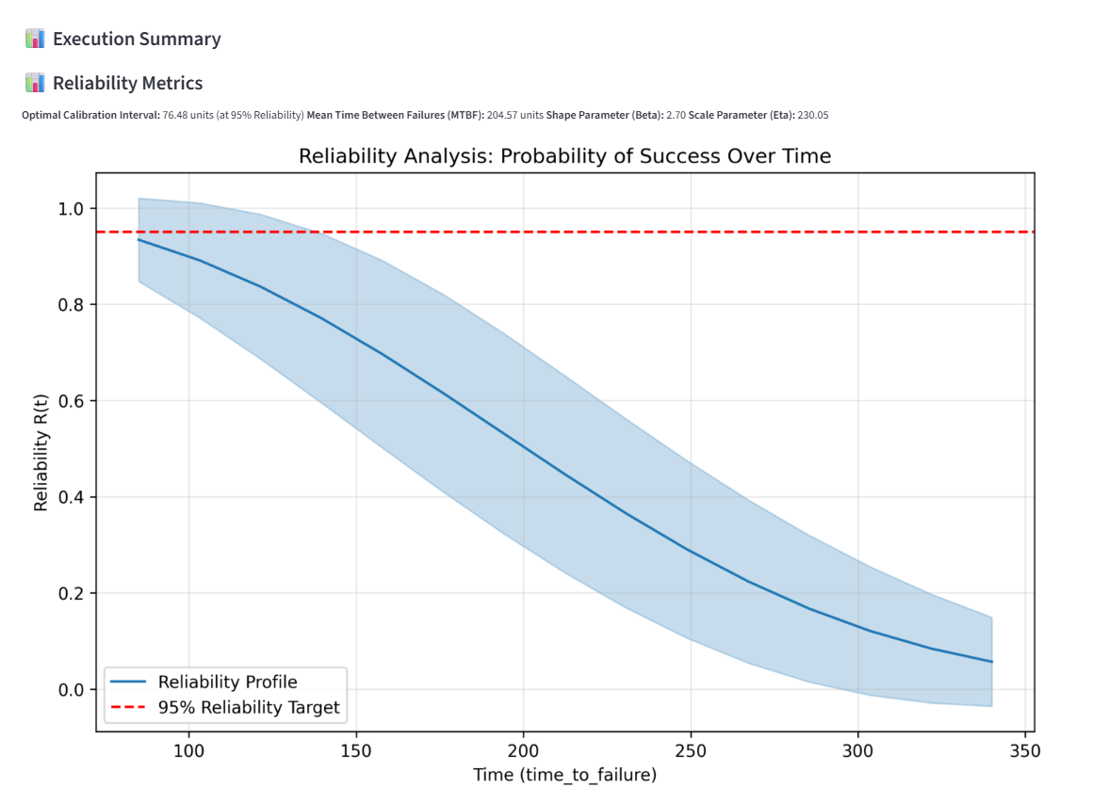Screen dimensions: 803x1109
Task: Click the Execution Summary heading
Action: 137,40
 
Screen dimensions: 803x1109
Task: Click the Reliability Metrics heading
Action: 127,84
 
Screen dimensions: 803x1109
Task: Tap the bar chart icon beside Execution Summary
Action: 35,40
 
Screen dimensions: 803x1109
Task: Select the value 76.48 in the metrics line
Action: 175,116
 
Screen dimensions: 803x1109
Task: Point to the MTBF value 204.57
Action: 501,116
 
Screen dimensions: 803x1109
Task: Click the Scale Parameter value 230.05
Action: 812,116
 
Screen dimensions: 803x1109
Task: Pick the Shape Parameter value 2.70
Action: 676,116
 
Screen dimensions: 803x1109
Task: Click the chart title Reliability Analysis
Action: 564,156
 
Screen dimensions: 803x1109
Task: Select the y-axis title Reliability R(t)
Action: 41,452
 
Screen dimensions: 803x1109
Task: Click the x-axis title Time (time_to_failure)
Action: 564,775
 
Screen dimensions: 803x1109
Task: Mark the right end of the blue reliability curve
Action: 992,662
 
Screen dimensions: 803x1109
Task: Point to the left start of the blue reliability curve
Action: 139,240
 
